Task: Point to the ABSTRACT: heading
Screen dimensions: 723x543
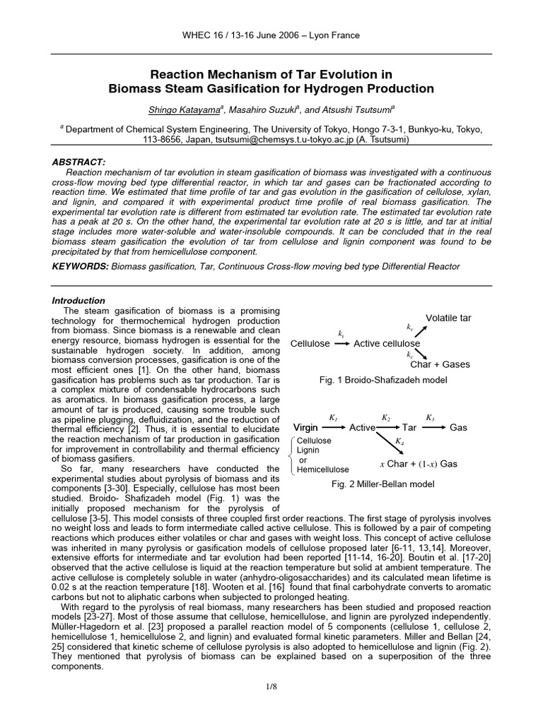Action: click(x=79, y=162)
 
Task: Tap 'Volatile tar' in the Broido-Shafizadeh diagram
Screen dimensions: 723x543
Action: click(x=448, y=318)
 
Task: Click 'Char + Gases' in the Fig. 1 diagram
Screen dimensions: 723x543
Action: click(x=440, y=364)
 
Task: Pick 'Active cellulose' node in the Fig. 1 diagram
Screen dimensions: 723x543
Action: click(x=386, y=343)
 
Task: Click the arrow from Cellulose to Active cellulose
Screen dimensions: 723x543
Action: click(x=341, y=343)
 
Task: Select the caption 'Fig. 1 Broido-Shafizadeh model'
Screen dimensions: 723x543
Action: click(x=383, y=380)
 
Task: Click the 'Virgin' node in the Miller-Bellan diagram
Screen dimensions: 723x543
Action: click(x=306, y=428)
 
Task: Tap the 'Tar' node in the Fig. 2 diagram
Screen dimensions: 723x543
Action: click(x=409, y=428)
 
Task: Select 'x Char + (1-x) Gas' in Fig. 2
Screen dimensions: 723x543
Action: click(x=419, y=464)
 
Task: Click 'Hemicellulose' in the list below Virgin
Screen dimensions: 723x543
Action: click(x=323, y=469)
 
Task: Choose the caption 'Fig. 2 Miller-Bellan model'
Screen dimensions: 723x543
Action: click(x=383, y=484)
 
